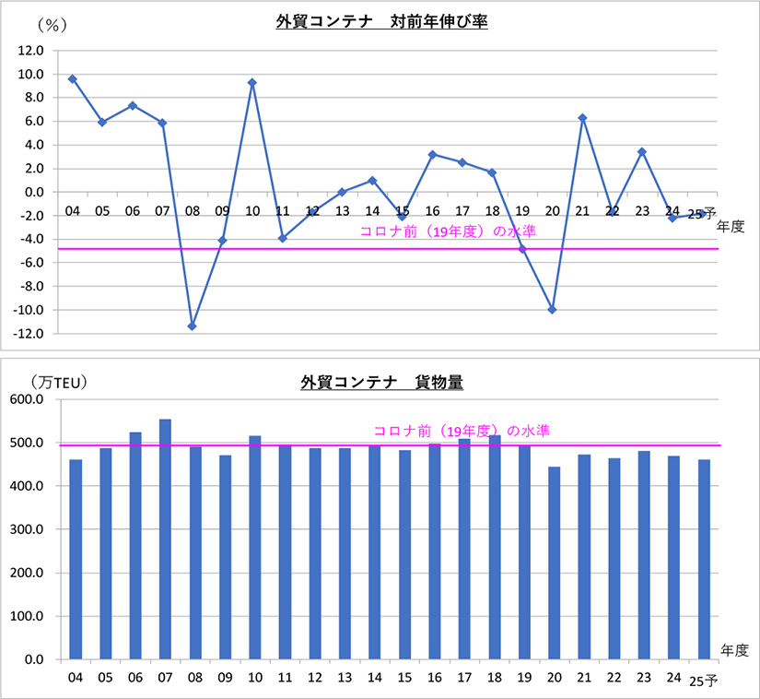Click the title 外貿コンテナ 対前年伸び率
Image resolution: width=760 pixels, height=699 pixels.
click(x=381, y=21)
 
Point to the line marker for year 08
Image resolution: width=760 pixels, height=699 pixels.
click(x=193, y=326)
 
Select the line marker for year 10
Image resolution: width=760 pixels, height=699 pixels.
click(x=251, y=82)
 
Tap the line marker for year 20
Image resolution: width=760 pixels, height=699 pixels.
click(x=552, y=310)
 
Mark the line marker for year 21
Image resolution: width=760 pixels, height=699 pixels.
click(x=582, y=118)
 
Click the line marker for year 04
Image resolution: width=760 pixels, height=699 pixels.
click(x=73, y=78)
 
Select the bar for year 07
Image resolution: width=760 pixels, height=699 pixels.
click(x=165, y=539)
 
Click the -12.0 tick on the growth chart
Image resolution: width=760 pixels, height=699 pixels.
click(x=29, y=334)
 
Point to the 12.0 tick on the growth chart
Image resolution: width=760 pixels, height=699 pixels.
click(x=31, y=52)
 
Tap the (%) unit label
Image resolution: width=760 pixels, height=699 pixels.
click(x=52, y=25)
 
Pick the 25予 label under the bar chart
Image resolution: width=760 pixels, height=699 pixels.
click(x=703, y=681)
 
